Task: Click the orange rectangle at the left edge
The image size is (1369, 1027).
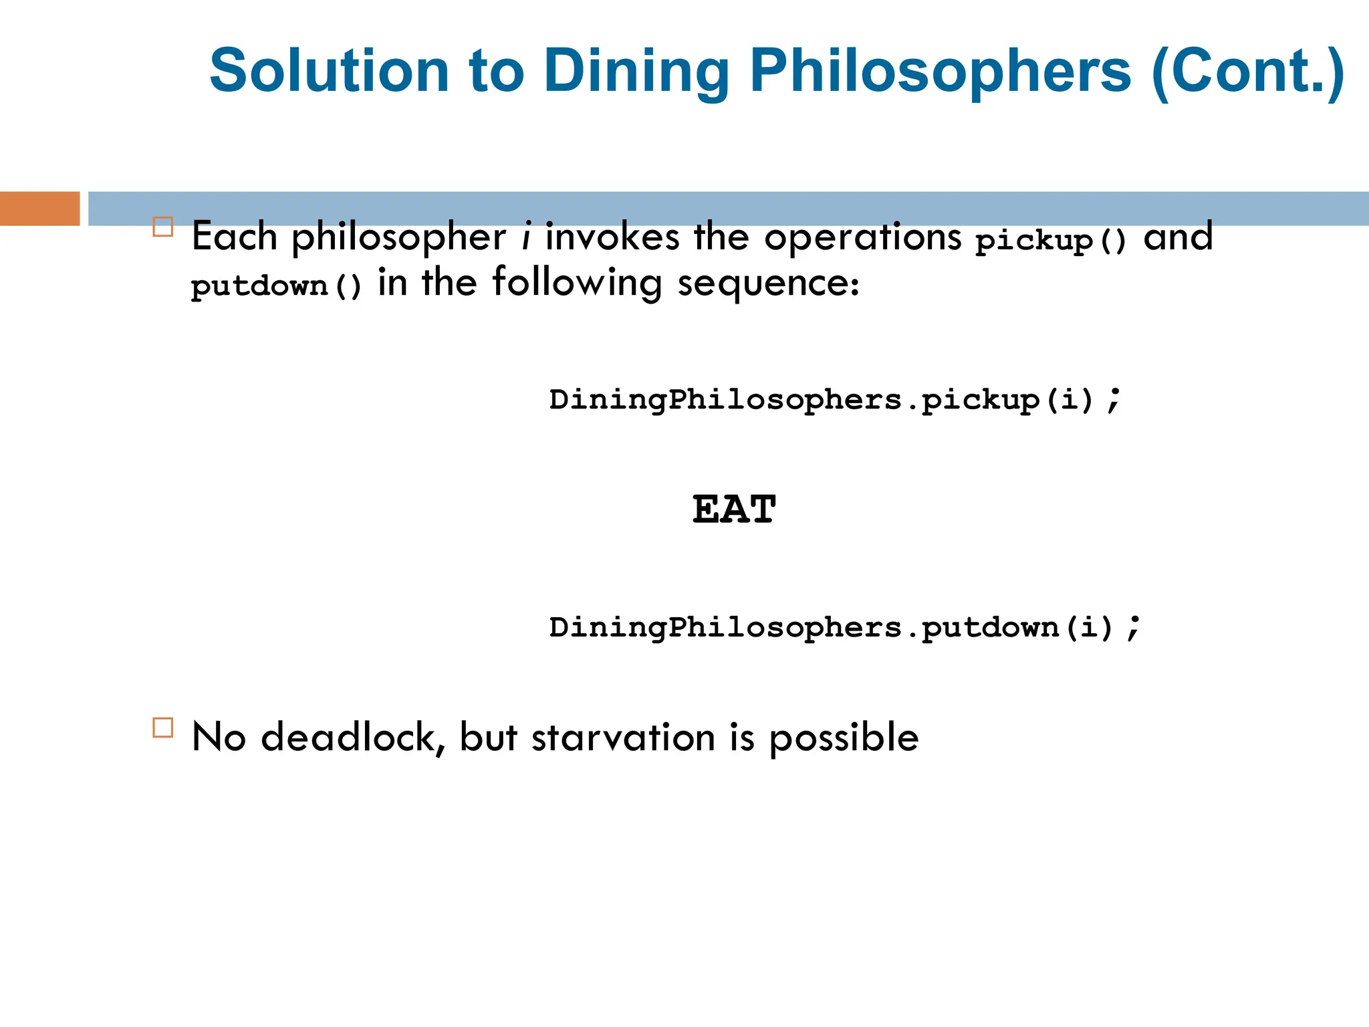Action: click(39, 209)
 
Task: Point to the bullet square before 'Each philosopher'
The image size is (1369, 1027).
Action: click(162, 227)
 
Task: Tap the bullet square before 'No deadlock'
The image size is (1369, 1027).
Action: click(162, 727)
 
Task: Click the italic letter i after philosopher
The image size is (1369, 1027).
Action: click(527, 237)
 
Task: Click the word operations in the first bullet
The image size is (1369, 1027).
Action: click(862, 237)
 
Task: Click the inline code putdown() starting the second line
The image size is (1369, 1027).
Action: click(276, 286)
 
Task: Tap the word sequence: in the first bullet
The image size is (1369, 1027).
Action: click(768, 283)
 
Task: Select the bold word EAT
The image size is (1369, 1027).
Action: click(734, 509)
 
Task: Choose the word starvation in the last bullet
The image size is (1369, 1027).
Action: click(623, 737)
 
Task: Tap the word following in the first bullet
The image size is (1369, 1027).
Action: click(577, 283)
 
